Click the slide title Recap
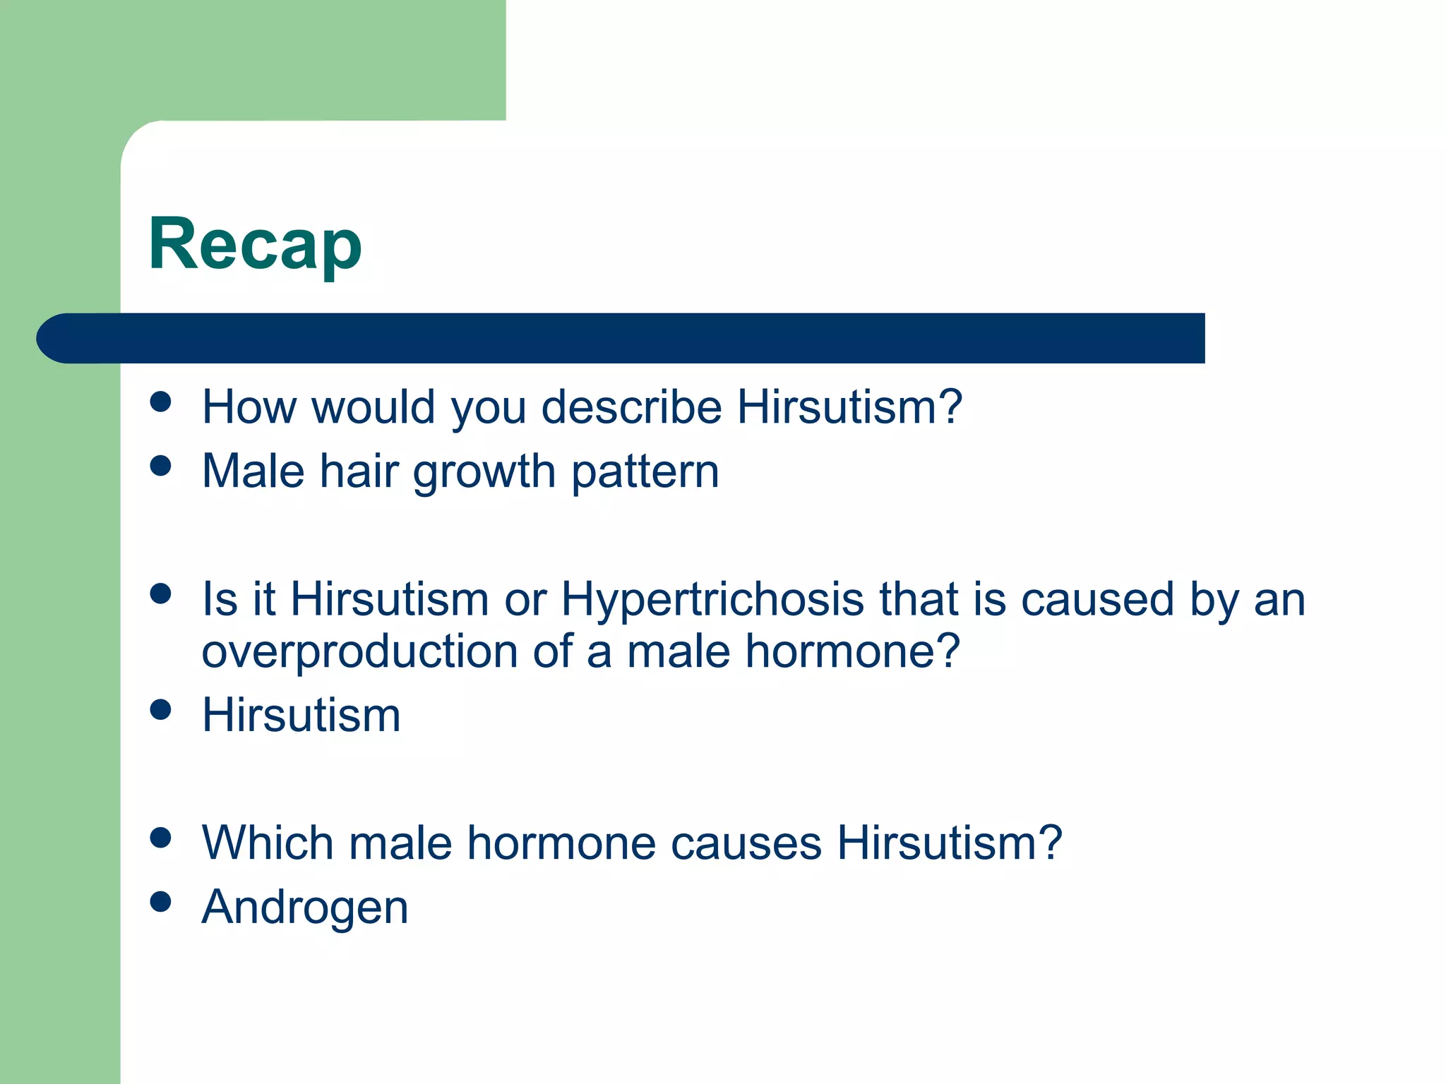pyautogui.click(x=255, y=245)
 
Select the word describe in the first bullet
pyautogui.click(x=631, y=407)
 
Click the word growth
pyautogui.click(x=484, y=471)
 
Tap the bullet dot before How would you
pyautogui.click(x=161, y=402)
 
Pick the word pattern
pyautogui.click(x=645, y=473)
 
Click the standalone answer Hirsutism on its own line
pyautogui.click(x=301, y=715)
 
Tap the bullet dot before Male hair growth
pyautogui.click(x=161, y=466)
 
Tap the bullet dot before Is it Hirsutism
pyautogui.click(x=161, y=594)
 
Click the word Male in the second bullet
pyautogui.click(x=253, y=471)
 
